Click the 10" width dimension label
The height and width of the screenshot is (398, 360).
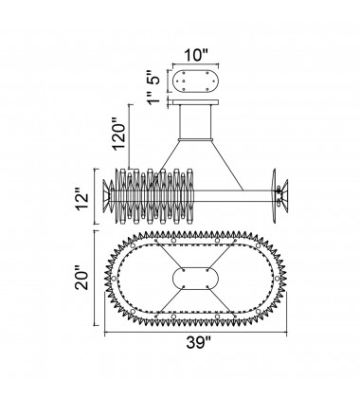(196, 55)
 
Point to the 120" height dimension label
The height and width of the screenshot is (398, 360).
(119, 134)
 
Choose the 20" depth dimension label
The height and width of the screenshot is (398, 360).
(81, 280)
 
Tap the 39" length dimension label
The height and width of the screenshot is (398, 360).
(198, 343)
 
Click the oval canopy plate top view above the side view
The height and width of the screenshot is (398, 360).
(195, 81)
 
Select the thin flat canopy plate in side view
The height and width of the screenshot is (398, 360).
(195, 102)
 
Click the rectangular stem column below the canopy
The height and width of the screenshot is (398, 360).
(195, 121)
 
